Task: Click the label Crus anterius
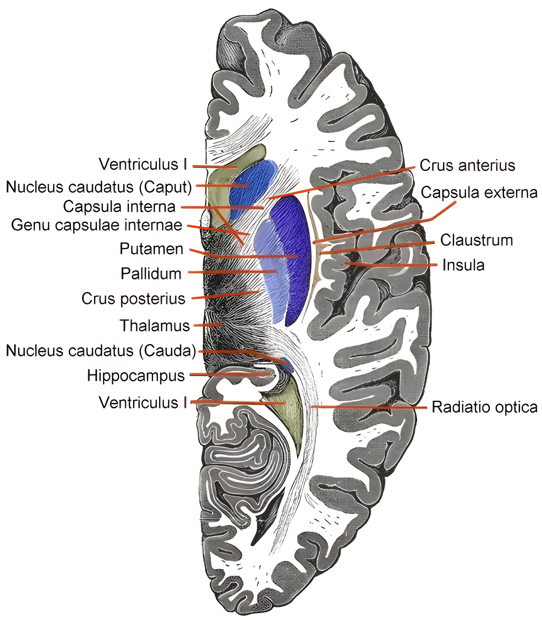click(467, 166)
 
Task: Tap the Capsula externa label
click(479, 192)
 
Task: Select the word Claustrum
click(476, 240)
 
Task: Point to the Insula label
click(463, 265)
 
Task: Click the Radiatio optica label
click(485, 407)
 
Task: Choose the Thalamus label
click(155, 325)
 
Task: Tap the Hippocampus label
click(136, 376)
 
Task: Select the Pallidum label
click(151, 274)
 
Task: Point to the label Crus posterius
click(133, 299)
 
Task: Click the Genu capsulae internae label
click(97, 225)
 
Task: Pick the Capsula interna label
click(119, 206)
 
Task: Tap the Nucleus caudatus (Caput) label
click(99, 187)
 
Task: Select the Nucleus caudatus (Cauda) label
click(101, 351)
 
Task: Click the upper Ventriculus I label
click(143, 164)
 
